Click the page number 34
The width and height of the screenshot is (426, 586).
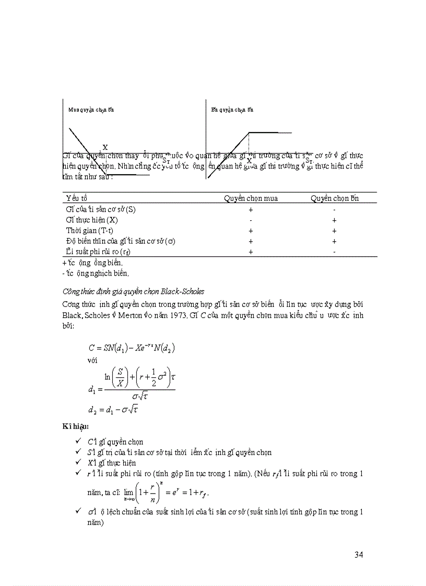point(358,554)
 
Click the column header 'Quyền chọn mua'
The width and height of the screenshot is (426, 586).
point(251,198)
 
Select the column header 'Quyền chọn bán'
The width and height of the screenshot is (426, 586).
point(335,198)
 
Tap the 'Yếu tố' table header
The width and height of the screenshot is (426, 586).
point(77,198)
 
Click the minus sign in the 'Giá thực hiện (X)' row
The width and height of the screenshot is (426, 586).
point(251,220)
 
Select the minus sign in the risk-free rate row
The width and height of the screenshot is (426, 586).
point(334,252)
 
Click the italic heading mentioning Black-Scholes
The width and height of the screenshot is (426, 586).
point(133,291)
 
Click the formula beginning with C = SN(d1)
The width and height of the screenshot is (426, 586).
point(131,348)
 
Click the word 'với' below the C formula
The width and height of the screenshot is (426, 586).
point(93,360)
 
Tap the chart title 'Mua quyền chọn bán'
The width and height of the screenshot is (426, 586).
point(91,110)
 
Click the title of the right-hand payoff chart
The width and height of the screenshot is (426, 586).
point(232,110)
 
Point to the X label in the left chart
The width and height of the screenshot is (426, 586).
point(105,148)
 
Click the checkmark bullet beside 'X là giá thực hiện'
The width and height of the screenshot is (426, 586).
point(78,463)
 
